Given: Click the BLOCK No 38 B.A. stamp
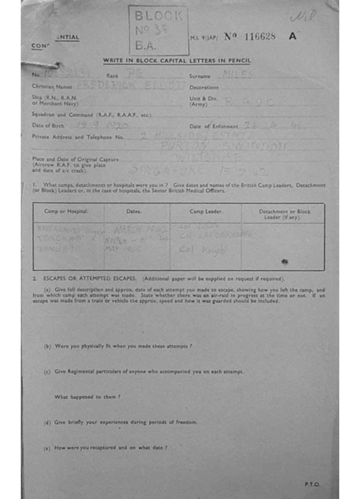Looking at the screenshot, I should point(158,30).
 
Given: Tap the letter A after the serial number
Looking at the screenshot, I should point(292,36).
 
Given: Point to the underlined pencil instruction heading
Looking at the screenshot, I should point(177,60).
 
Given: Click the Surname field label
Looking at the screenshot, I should point(200,76).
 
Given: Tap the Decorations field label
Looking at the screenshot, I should point(204,88).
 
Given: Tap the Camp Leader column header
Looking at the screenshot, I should point(206,211).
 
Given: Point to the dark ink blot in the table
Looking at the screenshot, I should point(284,262).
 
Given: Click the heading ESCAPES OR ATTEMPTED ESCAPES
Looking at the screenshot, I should point(92,279).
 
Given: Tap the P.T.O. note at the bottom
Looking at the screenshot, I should point(312,484).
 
